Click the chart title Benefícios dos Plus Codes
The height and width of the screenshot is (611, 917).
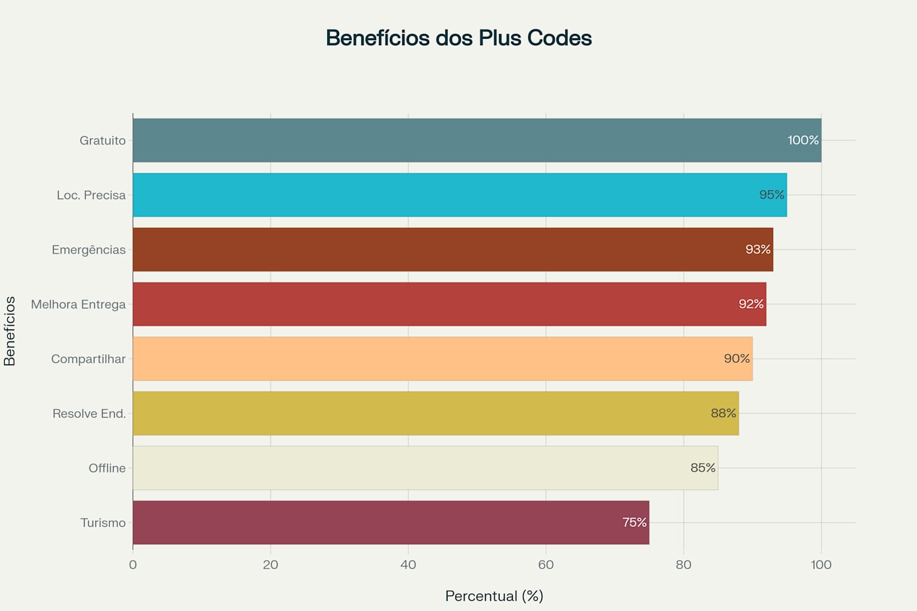point(458,38)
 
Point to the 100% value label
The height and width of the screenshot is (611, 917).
point(803,140)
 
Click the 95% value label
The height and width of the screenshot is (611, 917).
point(771,195)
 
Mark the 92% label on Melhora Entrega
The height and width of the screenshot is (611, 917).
point(751,304)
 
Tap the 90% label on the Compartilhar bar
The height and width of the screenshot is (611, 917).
point(737,359)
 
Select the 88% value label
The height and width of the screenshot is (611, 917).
point(723,413)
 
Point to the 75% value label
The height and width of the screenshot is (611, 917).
point(634,523)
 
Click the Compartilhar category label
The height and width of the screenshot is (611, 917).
point(88,359)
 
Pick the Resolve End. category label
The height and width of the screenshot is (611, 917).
point(89,413)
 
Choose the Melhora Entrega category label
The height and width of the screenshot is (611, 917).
point(78,304)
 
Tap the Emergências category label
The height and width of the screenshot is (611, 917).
point(88,250)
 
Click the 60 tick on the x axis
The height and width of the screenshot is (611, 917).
point(546,565)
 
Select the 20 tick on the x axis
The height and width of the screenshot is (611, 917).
point(270,565)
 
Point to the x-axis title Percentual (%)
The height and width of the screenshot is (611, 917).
point(494,596)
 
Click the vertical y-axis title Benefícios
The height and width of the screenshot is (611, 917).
point(10,331)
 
